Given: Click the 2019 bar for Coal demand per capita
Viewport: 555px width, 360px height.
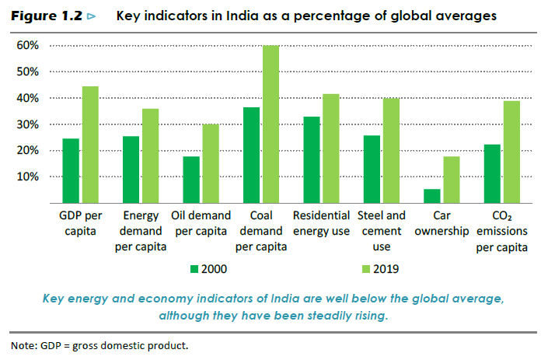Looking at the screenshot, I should point(270,124).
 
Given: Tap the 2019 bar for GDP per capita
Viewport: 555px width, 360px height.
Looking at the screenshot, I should point(89,145).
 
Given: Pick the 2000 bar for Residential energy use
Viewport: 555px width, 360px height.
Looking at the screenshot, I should point(311,159).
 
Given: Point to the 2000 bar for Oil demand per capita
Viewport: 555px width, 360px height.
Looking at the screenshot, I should point(190,180).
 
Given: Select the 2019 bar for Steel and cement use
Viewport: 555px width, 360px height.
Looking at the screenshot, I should point(390,150).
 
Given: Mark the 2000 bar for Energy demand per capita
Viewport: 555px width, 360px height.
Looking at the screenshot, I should point(131,170).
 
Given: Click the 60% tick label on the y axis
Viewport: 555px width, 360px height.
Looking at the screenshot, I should point(28,46).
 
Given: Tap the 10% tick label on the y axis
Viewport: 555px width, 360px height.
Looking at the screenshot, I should point(28,177).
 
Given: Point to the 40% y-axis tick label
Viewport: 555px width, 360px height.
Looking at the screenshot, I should point(28,98).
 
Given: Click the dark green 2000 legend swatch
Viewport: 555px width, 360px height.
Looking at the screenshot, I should point(195,269).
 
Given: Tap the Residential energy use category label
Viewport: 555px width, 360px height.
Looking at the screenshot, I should point(320,223).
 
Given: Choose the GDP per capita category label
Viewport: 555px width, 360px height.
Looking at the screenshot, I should point(81,223).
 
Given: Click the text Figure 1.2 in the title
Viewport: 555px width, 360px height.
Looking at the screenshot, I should point(48,16).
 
